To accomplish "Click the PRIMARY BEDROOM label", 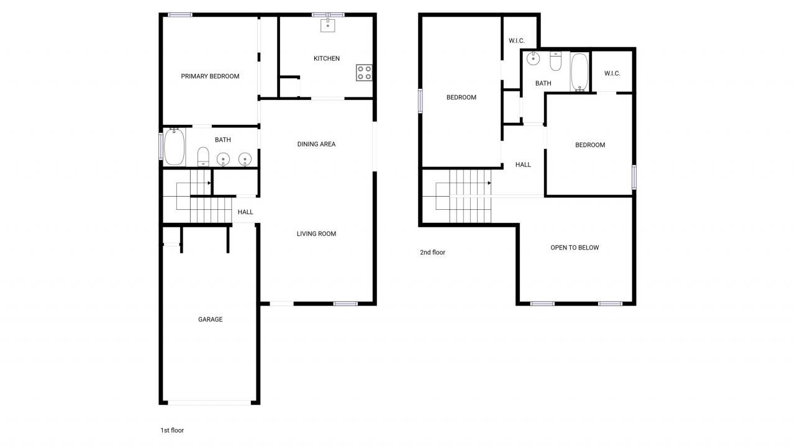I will point(210,76).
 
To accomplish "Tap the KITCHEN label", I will point(326,58).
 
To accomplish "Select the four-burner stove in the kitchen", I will point(365,73).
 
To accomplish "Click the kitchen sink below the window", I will point(327,25).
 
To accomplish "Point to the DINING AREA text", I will point(316,144).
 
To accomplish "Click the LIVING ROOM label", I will point(316,234).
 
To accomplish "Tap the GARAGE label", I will point(210,320).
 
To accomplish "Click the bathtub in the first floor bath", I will point(175,147).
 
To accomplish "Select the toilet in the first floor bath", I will point(203,156).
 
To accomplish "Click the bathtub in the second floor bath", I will point(579,71).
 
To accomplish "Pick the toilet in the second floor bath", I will point(556,61).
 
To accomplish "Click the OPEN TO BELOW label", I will point(575,248).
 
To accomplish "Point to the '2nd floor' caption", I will point(432,253).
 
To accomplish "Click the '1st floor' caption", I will point(172,430).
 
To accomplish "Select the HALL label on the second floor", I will point(523,165).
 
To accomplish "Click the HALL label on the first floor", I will point(245,212).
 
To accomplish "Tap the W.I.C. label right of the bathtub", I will point(612,73).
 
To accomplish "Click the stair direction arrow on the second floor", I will point(489,183).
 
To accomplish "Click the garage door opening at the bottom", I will point(210,402).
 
